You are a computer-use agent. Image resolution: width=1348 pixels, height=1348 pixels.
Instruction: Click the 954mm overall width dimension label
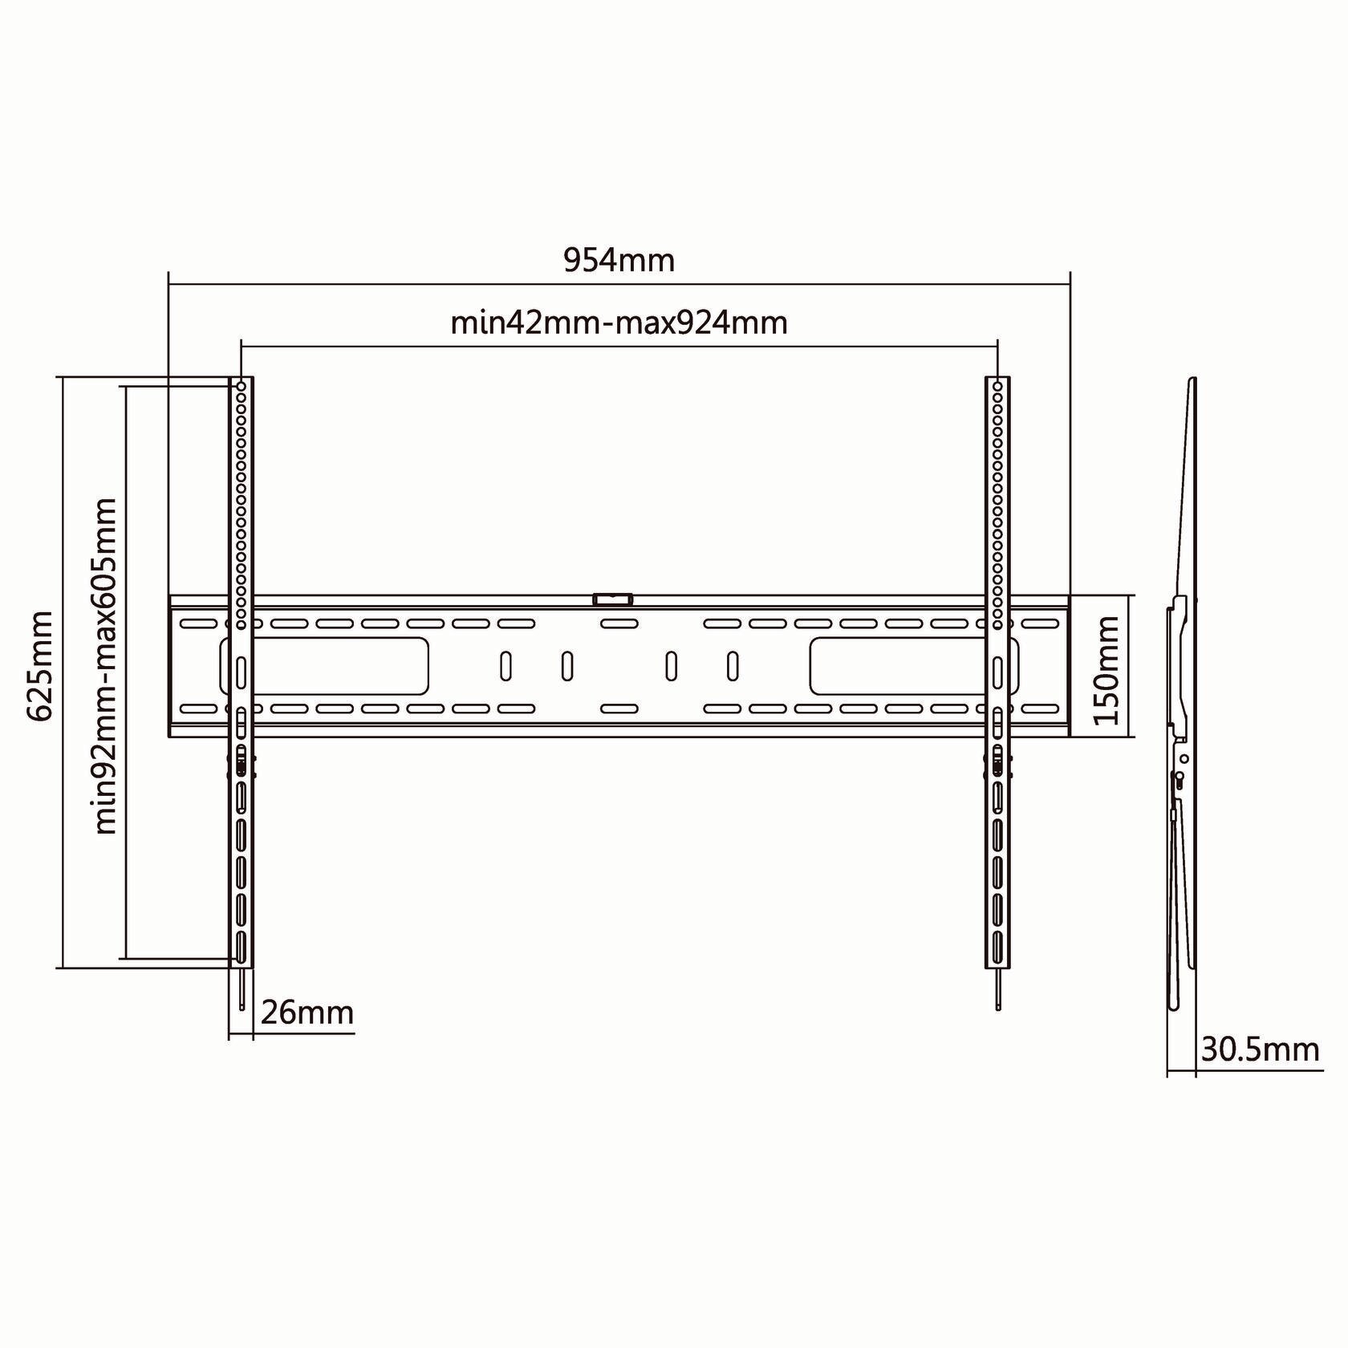tap(619, 260)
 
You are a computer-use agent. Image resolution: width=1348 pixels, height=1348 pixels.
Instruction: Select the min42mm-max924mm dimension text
tap(619, 323)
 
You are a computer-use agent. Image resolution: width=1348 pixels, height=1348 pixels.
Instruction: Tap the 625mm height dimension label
tap(39, 667)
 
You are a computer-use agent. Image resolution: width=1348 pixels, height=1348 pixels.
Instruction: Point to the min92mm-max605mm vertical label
tap(106, 667)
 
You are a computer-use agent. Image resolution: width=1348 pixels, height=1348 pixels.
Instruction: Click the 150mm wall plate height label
tap(1107, 670)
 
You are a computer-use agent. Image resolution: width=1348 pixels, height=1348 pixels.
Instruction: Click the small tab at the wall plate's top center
tap(612, 599)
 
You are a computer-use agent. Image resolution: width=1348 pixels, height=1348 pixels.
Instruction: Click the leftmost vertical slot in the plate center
tap(506, 666)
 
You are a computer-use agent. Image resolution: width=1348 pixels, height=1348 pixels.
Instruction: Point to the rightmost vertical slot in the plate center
tap(732, 666)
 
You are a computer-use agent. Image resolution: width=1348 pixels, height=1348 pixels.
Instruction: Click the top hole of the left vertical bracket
tap(241, 387)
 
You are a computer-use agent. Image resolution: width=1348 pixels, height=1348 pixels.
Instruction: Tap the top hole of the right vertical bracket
tap(997, 387)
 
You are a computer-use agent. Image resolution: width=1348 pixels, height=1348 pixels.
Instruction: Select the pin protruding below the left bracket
tap(241, 989)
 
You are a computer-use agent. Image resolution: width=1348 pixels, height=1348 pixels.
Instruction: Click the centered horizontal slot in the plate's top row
tap(619, 623)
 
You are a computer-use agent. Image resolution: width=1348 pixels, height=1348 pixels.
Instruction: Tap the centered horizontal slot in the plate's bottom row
tap(619, 709)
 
